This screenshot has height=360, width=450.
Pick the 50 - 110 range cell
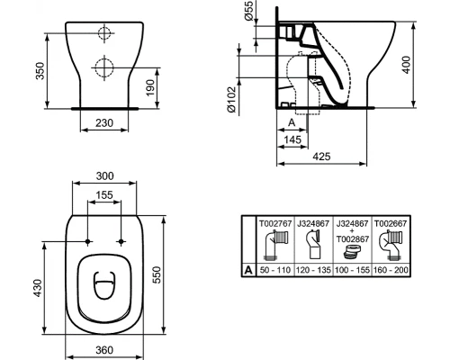[x=274, y=267]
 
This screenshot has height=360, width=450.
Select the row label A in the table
[x=247, y=267]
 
